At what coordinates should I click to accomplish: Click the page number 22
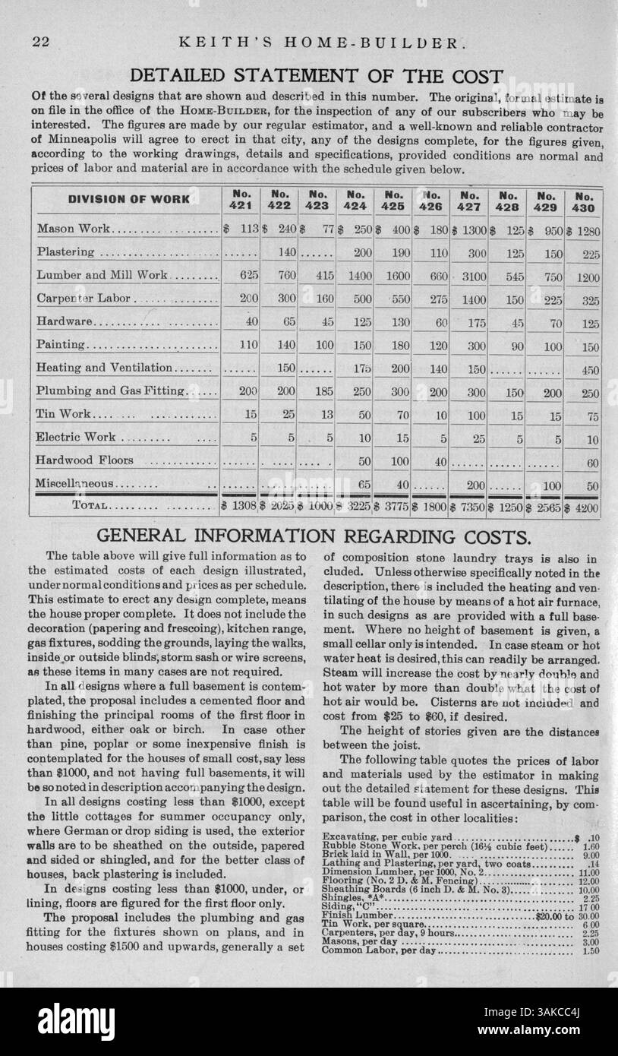41,43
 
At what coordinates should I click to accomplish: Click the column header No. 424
355,201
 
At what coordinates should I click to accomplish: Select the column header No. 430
584,201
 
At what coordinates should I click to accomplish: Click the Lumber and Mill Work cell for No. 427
471,277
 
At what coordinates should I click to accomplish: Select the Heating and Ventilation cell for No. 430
590,371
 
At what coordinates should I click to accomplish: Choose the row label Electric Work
76,437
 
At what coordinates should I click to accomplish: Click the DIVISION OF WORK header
129,200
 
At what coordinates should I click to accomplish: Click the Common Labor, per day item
380,950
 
